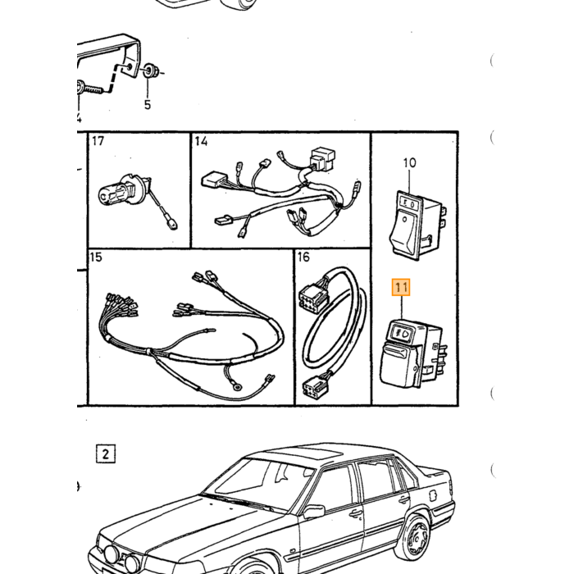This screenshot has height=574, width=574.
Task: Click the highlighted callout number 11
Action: tap(401, 287)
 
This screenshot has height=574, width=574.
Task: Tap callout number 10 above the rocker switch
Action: tap(409, 162)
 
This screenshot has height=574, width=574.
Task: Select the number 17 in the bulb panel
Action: tap(98, 141)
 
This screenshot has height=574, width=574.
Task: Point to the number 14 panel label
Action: tap(201, 141)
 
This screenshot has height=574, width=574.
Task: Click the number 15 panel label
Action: tap(96, 257)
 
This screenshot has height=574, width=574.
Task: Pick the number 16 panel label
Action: tap(303, 257)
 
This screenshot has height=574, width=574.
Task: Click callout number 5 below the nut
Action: tap(147, 105)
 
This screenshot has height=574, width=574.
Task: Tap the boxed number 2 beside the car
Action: tap(106, 454)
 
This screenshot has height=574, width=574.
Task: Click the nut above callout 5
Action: tap(148, 71)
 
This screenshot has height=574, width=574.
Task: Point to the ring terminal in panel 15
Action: tap(237, 385)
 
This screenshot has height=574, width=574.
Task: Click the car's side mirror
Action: tap(314, 512)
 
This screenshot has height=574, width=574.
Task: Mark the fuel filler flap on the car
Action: tap(432, 496)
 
